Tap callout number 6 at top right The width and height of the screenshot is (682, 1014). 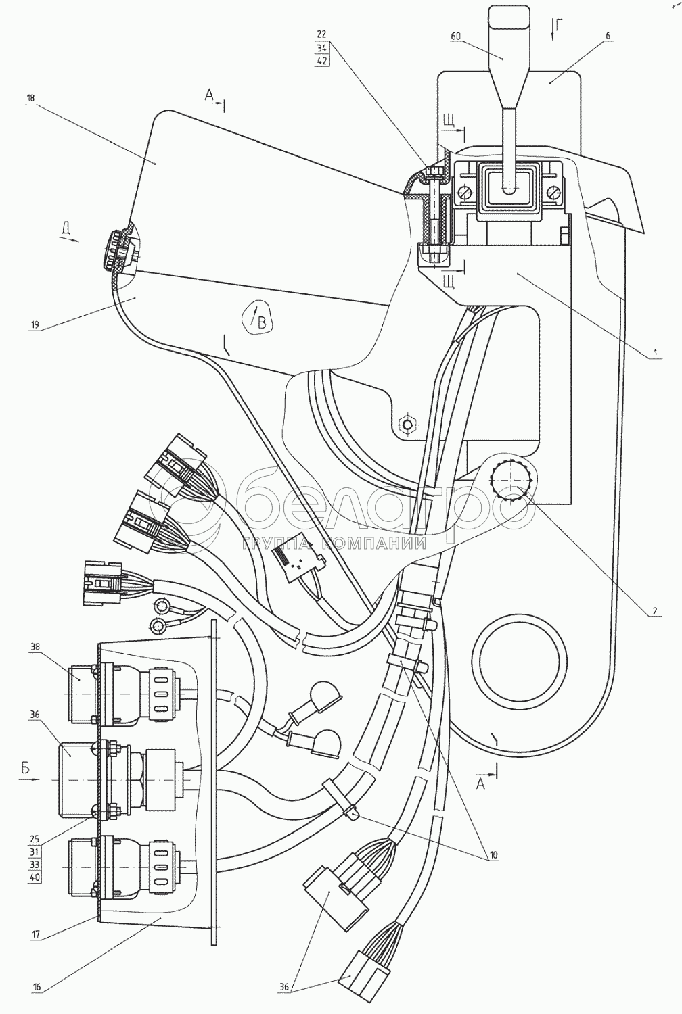pyautogui.click(x=608, y=35)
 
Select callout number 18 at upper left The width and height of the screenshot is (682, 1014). pyautogui.click(x=31, y=98)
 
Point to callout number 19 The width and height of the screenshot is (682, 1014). pyautogui.click(x=35, y=324)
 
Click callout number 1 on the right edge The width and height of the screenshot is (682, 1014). pyautogui.click(x=655, y=352)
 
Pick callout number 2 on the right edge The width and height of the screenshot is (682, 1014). pyautogui.click(x=654, y=610)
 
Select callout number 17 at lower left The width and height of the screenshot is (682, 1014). pyautogui.click(x=35, y=936)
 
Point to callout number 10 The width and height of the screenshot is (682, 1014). pyautogui.click(x=493, y=855)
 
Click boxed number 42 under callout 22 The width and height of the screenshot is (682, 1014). pyautogui.click(x=322, y=60)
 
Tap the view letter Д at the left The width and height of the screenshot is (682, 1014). pyautogui.click(x=66, y=230)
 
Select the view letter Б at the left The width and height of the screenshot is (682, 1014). pyautogui.click(x=25, y=767)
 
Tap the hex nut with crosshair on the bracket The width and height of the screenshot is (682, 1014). pyautogui.click(x=408, y=424)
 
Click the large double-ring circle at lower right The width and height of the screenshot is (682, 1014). pyautogui.click(x=520, y=663)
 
